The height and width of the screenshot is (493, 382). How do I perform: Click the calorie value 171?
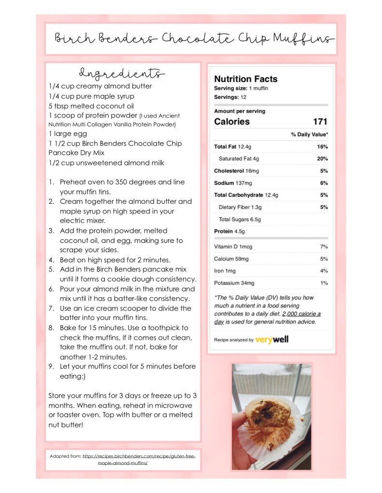pos(320,121)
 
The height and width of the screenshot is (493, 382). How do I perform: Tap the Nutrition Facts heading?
pos(245,79)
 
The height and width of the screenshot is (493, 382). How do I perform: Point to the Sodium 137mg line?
pos(233,183)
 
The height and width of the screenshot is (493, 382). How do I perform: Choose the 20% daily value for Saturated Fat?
pos(323,159)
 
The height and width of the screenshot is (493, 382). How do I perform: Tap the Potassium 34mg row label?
pos(234,283)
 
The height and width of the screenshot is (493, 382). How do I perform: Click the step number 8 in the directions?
pos(51,328)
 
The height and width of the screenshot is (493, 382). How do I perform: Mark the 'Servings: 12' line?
pos(226,97)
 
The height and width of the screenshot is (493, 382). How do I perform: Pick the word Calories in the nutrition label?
pos(232,121)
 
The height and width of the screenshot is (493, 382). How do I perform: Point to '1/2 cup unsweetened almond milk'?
pos(106,163)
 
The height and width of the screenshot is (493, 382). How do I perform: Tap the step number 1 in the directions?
pos(51,182)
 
